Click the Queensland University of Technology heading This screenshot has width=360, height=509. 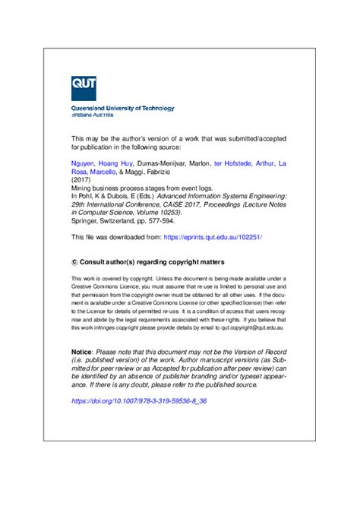[x=123, y=108]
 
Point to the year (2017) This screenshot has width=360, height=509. [x=81, y=179]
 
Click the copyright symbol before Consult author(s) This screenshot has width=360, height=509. [x=74, y=260]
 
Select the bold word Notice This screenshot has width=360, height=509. [x=81, y=353]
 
